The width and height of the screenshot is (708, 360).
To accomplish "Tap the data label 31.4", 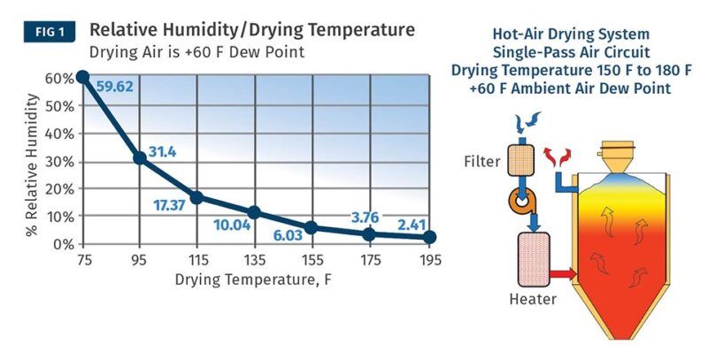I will point(162,153).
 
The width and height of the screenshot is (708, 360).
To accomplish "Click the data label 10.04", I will point(233,225).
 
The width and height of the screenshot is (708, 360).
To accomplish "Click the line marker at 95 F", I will point(139,158).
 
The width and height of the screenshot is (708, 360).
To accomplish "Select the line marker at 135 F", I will point(255,212).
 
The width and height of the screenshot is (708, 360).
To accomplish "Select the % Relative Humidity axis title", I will point(33,163).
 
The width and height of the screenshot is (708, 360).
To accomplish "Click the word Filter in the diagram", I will point(481,163).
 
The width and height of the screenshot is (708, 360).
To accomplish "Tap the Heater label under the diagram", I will point(532,299).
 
